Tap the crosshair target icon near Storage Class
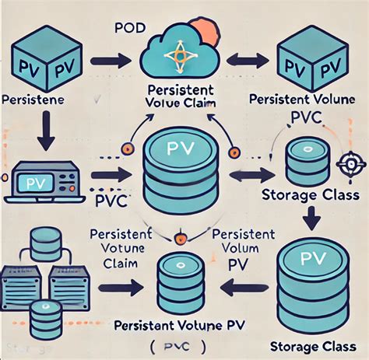click(348, 165)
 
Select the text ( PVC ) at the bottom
click(179, 344)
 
